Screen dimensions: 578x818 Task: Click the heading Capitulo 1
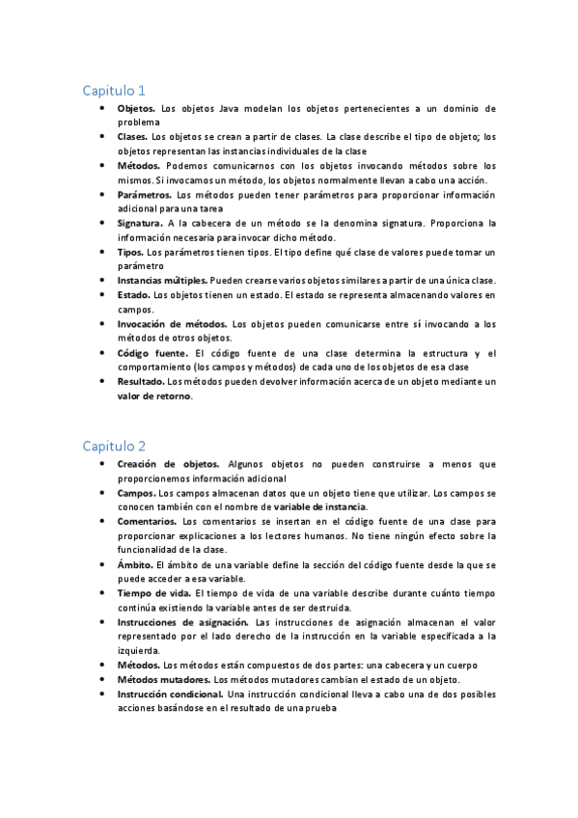point(113,91)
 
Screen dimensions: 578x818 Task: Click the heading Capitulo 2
point(113,446)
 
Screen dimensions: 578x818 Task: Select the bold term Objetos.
point(135,109)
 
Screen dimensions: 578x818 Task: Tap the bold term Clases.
point(133,137)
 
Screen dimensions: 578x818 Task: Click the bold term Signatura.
point(140,223)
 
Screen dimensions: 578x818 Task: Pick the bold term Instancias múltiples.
point(162,280)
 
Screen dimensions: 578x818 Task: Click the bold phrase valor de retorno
point(148,396)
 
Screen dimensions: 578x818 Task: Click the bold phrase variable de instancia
point(319,507)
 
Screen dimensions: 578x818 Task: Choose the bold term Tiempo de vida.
point(151,593)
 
